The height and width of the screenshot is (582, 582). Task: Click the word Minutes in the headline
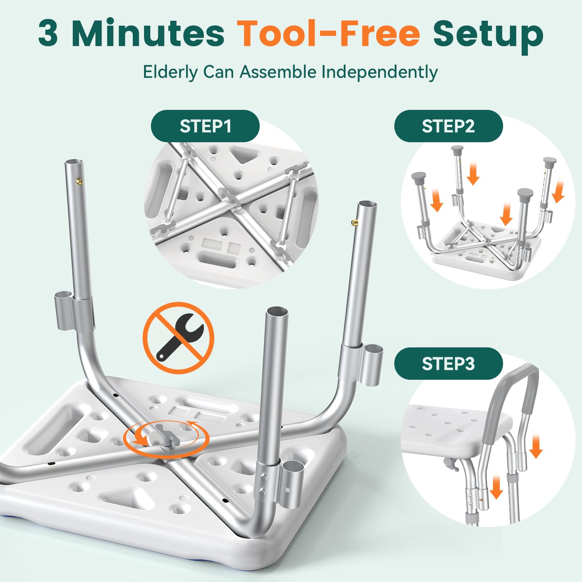point(148,33)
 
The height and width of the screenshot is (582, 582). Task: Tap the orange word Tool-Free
point(328,33)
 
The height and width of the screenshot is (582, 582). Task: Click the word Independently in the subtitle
point(379,72)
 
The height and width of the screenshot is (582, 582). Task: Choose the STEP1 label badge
point(205,126)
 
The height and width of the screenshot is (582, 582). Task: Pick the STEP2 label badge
point(449,126)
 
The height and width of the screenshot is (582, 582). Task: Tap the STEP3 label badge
point(449,363)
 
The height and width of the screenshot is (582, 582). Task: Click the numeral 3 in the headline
point(48,33)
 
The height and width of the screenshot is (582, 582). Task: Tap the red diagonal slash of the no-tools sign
point(178,338)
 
